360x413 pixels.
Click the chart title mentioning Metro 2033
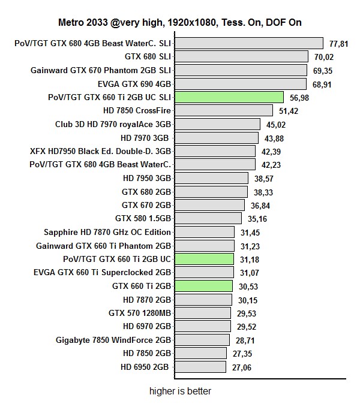click(180, 23)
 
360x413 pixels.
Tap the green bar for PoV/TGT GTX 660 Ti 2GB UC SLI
click(229, 97)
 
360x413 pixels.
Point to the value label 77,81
click(340, 43)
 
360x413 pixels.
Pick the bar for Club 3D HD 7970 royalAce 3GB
click(217, 124)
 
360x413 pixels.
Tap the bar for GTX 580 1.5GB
click(208, 219)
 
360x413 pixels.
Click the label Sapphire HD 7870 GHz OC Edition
click(107, 232)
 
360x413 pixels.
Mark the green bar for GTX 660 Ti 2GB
click(203, 286)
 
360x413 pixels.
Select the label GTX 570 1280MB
click(140, 313)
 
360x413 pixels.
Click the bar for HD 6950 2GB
click(200, 367)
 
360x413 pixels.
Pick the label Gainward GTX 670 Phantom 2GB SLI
click(101, 70)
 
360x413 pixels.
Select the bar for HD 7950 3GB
click(211, 178)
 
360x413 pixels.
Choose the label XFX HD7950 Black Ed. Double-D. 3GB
click(100, 151)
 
